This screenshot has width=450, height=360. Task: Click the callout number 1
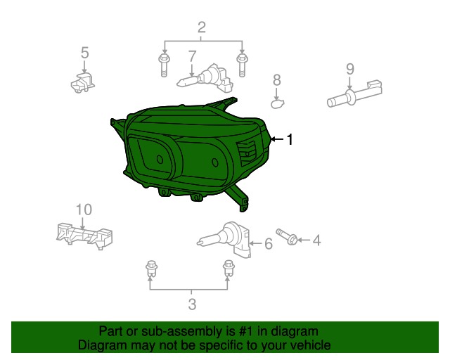pos(289,140)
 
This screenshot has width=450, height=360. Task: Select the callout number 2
pos(202,28)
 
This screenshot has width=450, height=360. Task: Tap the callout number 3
pos(191,304)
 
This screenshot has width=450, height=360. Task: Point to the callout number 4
pos(316,240)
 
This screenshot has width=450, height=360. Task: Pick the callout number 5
pos(84,52)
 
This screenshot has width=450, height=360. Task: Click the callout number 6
pos(268,244)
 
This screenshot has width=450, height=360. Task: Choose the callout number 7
pos(191,56)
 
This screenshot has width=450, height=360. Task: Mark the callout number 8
pos(277,80)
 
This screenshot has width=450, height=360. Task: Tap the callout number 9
pos(349,69)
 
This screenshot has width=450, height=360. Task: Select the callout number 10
pos(84,210)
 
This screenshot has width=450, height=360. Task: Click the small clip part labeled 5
pos(82,84)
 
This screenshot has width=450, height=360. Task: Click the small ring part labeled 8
pos(277,104)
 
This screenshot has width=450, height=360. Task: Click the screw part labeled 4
pos(286,236)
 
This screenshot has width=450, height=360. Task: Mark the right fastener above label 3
pos(228,268)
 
